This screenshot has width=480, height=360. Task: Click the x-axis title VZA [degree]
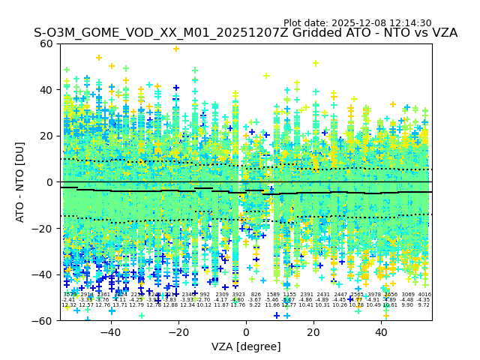click(x=246, y=346)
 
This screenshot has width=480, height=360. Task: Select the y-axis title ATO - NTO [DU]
click(x=21, y=182)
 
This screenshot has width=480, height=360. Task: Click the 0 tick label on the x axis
click(x=246, y=332)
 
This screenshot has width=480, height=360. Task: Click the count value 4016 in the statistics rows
click(x=424, y=295)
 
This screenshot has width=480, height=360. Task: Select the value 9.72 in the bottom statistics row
click(x=424, y=305)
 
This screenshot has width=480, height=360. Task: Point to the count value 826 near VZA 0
click(x=256, y=295)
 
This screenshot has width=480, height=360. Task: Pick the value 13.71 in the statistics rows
click(x=121, y=305)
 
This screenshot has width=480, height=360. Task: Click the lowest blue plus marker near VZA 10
click(x=277, y=315)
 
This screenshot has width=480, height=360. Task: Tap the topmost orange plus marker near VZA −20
click(x=176, y=49)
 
